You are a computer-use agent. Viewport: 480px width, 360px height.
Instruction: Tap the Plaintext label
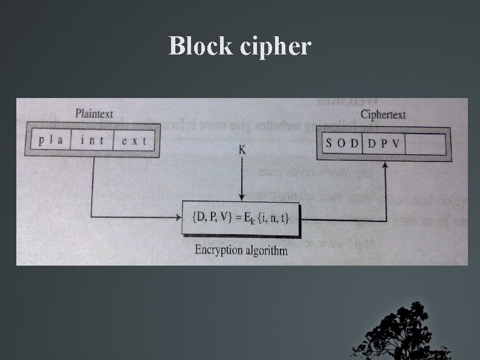pyautogui.click(x=94, y=113)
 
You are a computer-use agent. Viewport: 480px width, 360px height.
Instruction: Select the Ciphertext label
pyautogui.click(x=383, y=114)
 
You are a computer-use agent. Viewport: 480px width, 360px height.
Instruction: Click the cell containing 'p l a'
pyautogui.click(x=50, y=141)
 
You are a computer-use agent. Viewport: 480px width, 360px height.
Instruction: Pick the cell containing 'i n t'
pyautogui.click(x=92, y=141)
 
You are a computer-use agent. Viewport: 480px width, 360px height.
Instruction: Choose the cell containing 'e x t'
pyautogui.click(x=134, y=141)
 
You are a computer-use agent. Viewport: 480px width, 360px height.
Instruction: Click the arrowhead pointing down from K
pyautogui.click(x=242, y=197)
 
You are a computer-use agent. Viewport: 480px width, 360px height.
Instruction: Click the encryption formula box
pyautogui.click(x=242, y=218)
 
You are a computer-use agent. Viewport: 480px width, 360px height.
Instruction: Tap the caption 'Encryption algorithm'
pyautogui.click(x=241, y=250)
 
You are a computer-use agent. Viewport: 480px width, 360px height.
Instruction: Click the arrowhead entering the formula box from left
pyautogui.click(x=178, y=216)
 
